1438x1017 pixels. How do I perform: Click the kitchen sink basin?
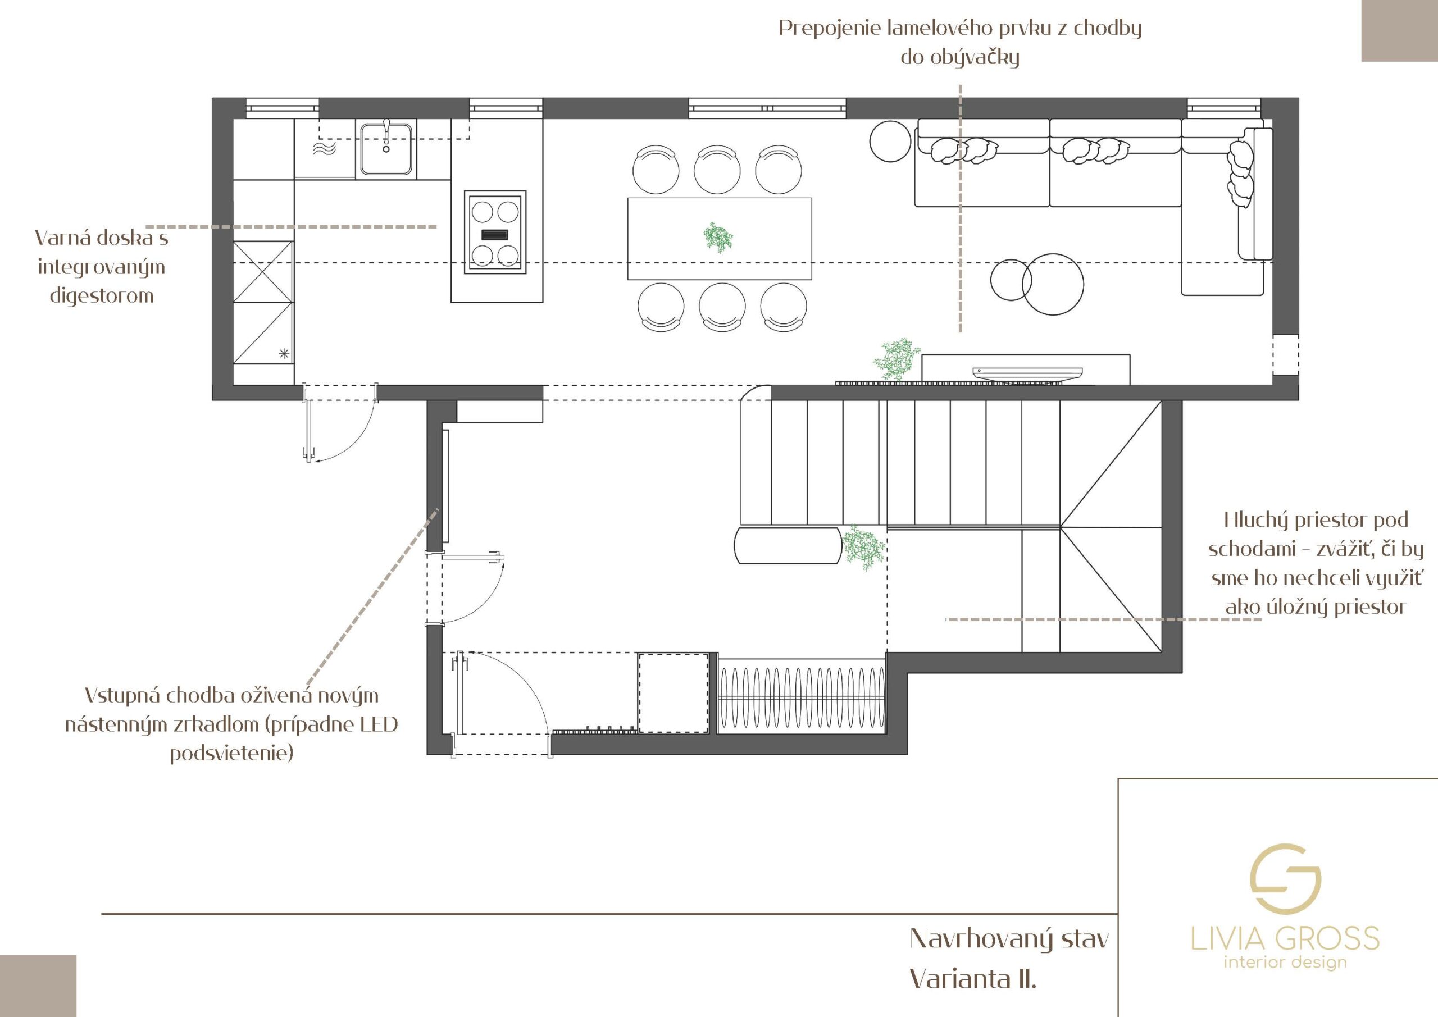click(x=386, y=148)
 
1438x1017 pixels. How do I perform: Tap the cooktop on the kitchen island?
click(x=495, y=232)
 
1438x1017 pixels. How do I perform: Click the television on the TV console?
click(x=1027, y=373)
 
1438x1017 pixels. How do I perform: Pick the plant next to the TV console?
click(x=898, y=359)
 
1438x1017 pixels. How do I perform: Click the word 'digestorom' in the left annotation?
click(x=102, y=295)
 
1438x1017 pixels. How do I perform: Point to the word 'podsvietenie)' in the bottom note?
click(x=232, y=752)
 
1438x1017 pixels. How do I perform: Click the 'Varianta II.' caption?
click(x=973, y=978)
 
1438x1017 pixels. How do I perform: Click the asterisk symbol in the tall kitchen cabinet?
click(x=284, y=353)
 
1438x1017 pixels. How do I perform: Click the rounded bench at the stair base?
click(x=788, y=545)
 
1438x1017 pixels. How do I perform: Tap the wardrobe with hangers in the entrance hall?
click(x=802, y=696)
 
